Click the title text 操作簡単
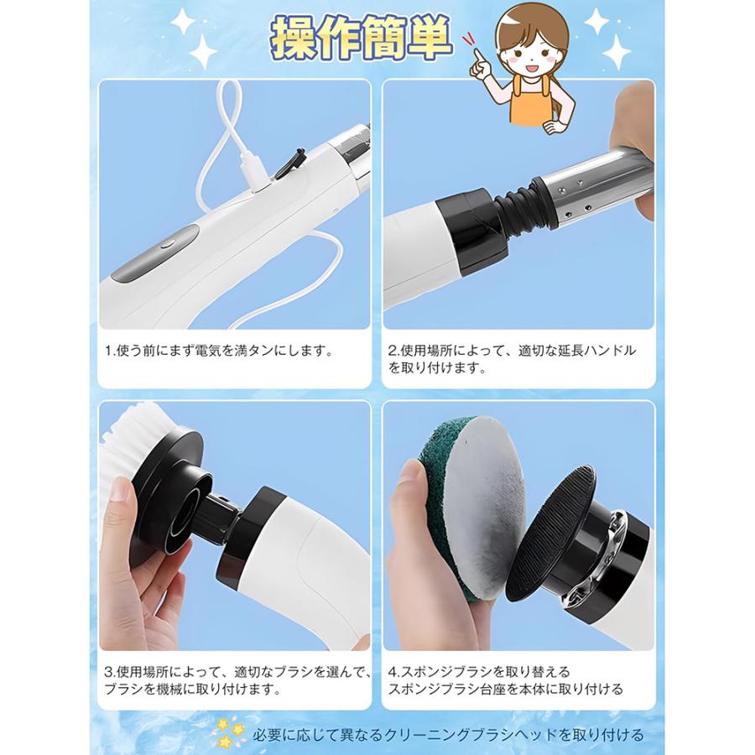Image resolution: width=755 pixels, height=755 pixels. [362, 39]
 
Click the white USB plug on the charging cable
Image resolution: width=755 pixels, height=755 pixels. [254, 171]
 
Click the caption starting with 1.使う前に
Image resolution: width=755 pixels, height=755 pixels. [220, 351]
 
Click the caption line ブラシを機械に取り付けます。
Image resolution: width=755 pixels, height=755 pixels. [193, 689]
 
